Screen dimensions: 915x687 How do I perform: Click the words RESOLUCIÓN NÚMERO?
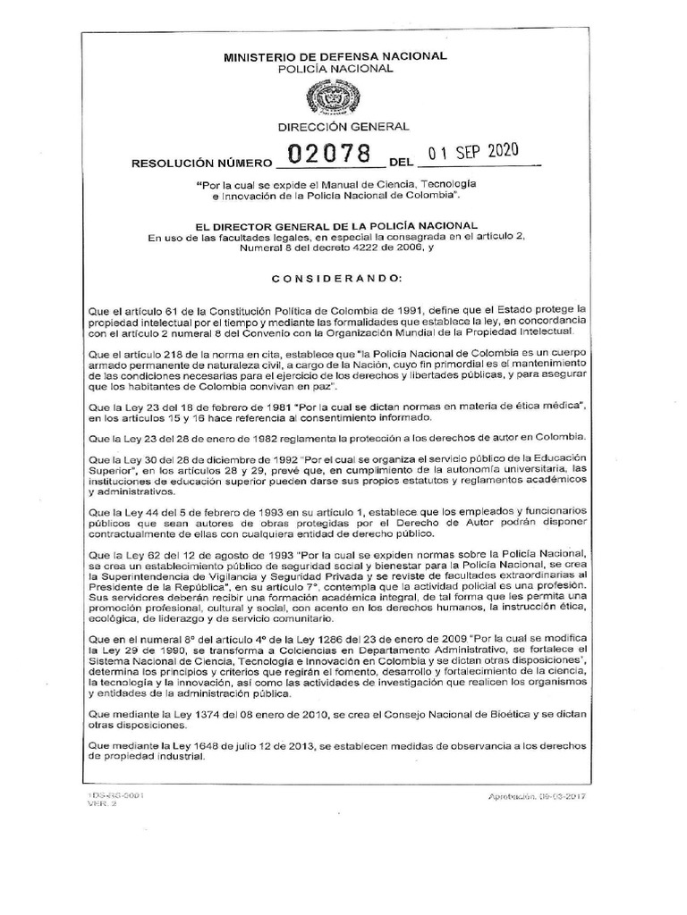click(200, 164)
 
